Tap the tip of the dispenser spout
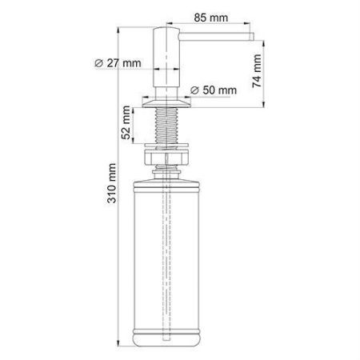[250, 37]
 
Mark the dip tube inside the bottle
[169, 256]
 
